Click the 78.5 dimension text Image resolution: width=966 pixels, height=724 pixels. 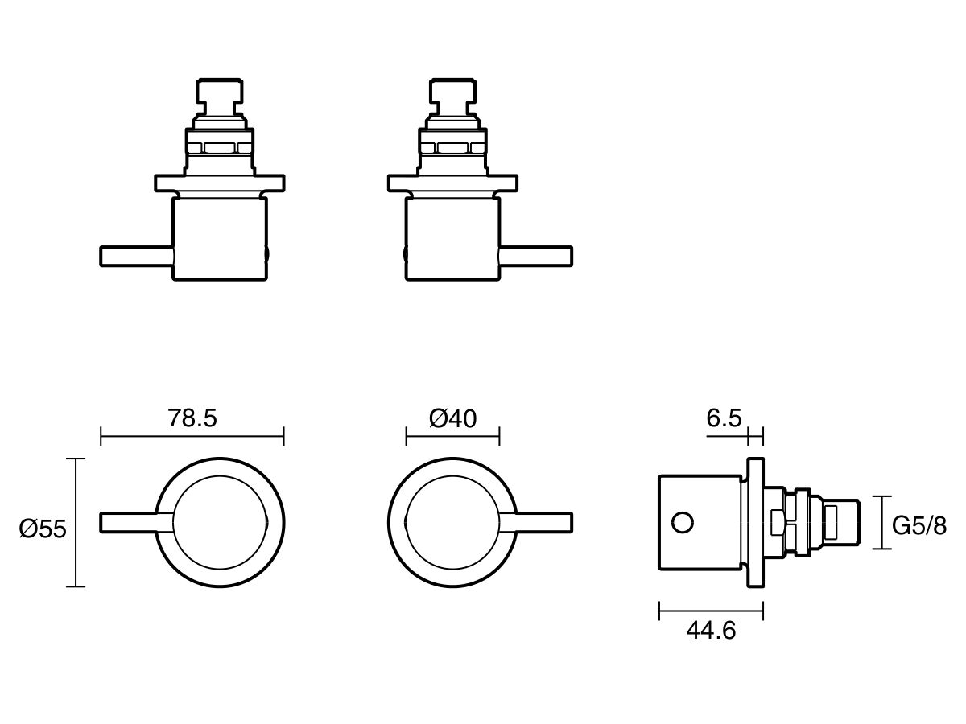coord(192,418)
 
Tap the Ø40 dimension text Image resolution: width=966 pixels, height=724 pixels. coord(452,418)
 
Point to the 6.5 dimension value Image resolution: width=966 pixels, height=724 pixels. coord(724,418)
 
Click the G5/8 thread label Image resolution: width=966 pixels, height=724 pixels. coord(919,527)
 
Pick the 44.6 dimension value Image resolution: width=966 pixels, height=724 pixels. coord(711,631)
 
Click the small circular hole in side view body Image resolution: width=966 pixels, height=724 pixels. coord(682,522)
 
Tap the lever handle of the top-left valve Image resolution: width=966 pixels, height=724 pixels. coord(135,255)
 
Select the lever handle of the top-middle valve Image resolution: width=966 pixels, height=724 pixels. coord(536,255)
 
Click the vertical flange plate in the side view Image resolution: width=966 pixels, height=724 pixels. coord(755,522)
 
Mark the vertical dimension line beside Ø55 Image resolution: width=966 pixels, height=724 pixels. coord(76,522)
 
